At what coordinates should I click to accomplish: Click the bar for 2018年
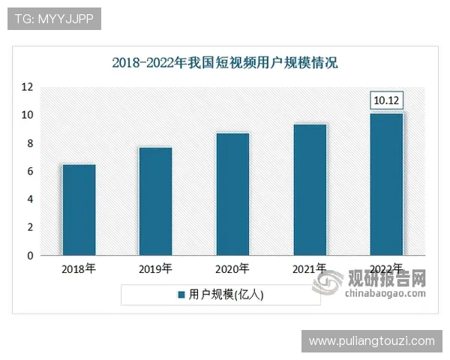click(79, 210)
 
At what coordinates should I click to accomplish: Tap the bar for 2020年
click(232, 194)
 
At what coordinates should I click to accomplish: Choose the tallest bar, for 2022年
click(387, 184)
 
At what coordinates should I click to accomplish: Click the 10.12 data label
click(387, 100)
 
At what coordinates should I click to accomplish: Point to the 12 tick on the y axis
click(27, 87)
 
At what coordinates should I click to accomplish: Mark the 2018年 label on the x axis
click(79, 268)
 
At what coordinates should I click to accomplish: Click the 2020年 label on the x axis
click(232, 268)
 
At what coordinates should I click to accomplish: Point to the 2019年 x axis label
click(156, 268)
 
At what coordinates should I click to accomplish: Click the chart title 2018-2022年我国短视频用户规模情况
click(225, 63)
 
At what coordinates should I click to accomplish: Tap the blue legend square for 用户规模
click(181, 295)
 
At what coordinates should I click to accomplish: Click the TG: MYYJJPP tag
click(53, 19)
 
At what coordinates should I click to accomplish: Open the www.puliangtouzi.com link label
click(371, 341)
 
